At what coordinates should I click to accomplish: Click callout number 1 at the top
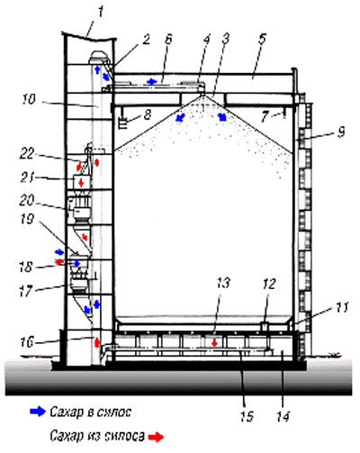(x=101, y=13)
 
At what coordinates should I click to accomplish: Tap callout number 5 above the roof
(x=263, y=40)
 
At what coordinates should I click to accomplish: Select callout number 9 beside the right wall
(x=341, y=131)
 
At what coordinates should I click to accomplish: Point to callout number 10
(x=29, y=99)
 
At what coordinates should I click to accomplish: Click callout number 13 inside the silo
(x=222, y=283)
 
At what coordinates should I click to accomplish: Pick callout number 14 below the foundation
(x=282, y=416)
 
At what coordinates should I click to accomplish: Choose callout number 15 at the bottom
(x=247, y=416)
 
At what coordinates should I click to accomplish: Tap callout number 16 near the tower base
(x=27, y=342)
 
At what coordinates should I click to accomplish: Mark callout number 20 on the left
(x=27, y=201)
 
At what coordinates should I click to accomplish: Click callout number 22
(x=28, y=154)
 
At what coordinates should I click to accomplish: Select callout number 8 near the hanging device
(x=147, y=114)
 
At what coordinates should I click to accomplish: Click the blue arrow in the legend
(x=38, y=412)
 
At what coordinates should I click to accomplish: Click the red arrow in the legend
(x=157, y=437)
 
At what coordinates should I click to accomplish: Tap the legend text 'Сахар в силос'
(x=90, y=412)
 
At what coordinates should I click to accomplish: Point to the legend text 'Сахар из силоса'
(x=97, y=436)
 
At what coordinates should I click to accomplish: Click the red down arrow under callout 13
(x=214, y=342)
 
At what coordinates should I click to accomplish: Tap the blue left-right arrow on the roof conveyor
(x=152, y=81)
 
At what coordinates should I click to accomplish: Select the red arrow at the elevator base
(x=97, y=342)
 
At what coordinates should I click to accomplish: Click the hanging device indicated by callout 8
(x=123, y=123)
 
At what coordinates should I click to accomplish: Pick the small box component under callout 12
(x=264, y=326)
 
